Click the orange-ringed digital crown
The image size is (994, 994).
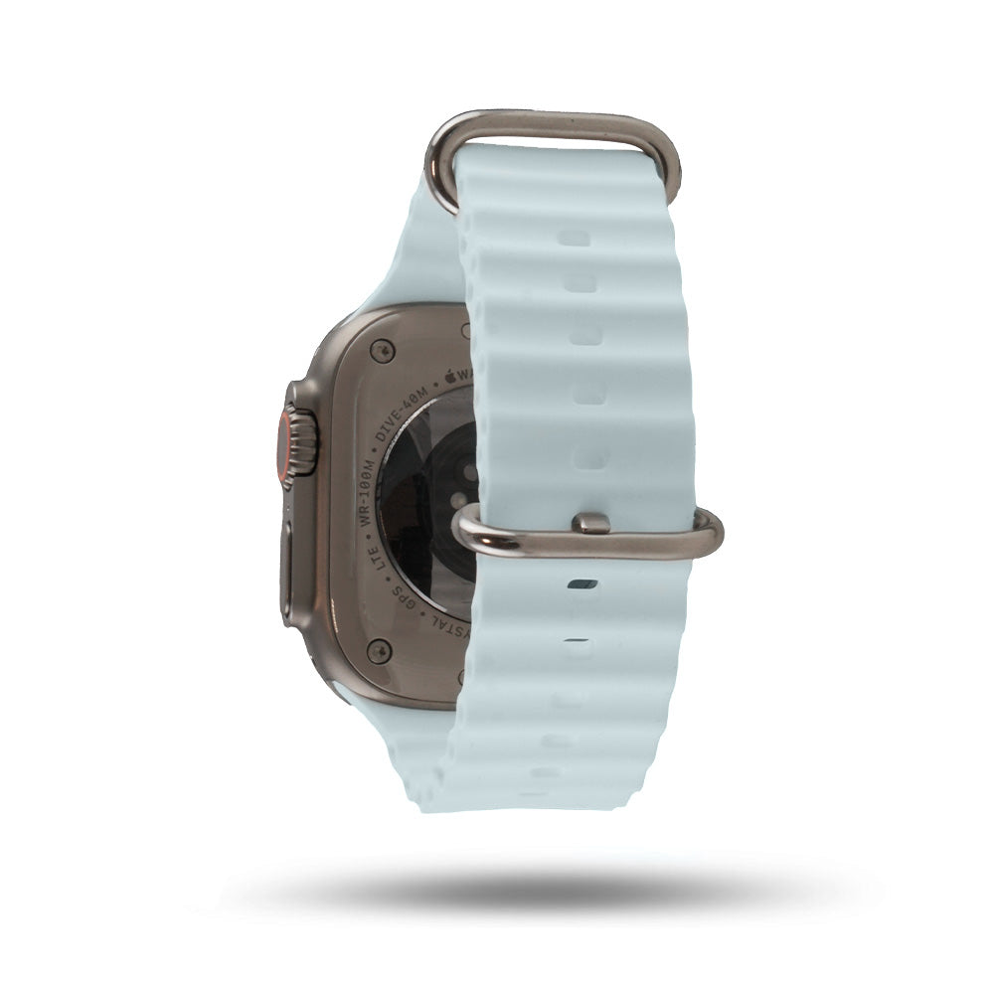[298, 441]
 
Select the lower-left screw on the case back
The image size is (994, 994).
[376, 651]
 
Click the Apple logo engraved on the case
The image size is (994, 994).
[449, 377]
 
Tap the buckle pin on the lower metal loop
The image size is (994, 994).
[591, 523]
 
